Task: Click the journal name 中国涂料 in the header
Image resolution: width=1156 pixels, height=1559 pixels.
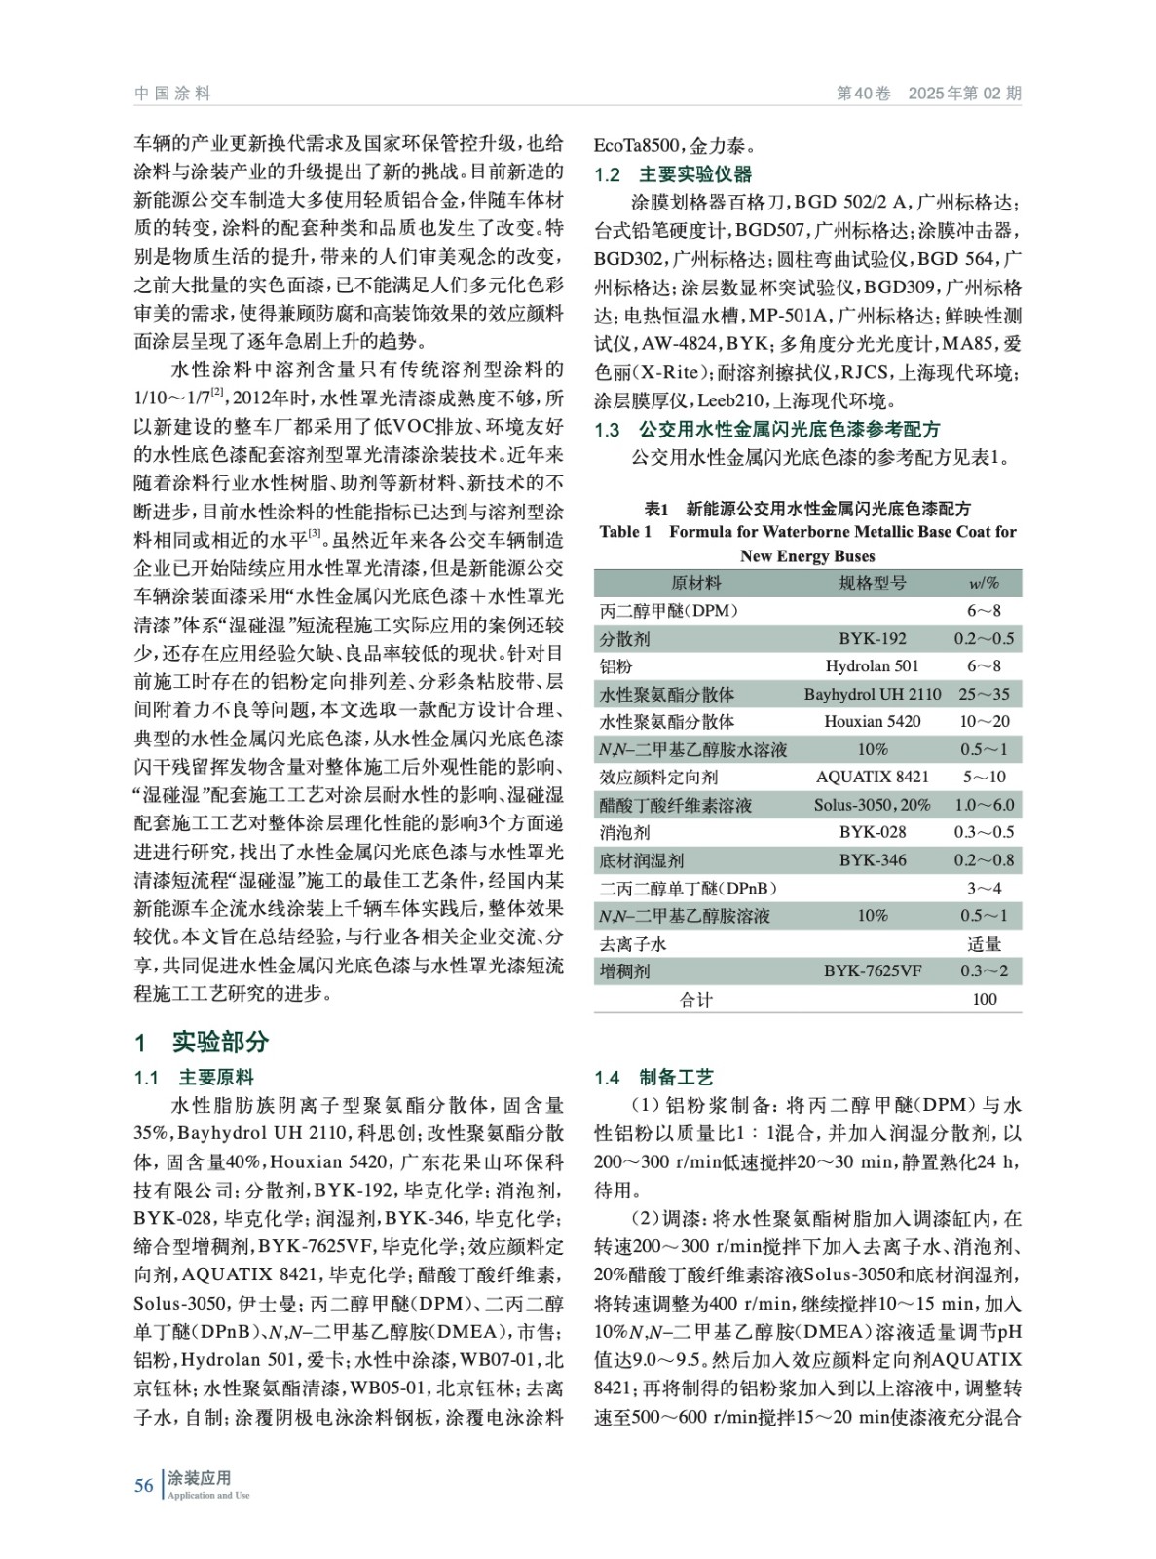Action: click(x=172, y=94)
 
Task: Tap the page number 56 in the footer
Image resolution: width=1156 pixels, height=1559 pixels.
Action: click(x=144, y=1485)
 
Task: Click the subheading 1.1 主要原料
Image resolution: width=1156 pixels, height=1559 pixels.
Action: click(x=194, y=1077)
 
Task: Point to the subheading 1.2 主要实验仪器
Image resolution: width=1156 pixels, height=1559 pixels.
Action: click(x=673, y=174)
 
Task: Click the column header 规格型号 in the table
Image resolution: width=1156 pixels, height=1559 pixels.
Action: click(x=872, y=583)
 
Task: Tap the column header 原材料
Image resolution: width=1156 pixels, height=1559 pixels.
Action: click(x=695, y=583)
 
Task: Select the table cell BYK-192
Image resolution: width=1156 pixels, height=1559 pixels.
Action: click(x=872, y=638)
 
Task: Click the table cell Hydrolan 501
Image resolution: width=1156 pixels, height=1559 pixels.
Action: click(x=872, y=666)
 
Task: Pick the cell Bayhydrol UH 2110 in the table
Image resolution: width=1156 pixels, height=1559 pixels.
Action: click(x=872, y=694)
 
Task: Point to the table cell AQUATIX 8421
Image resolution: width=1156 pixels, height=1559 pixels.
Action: click(x=872, y=777)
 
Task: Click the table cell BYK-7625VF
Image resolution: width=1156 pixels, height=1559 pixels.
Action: click(x=872, y=970)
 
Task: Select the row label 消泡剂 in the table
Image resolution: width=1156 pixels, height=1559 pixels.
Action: click(x=625, y=832)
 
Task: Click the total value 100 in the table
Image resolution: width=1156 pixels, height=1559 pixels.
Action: click(x=984, y=998)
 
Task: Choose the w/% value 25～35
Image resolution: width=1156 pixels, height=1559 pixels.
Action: click(x=984, y=694)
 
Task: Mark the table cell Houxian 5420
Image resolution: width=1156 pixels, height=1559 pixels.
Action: click(x=872, y=721)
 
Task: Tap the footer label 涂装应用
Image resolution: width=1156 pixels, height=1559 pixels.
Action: click(x=199, y=1478)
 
